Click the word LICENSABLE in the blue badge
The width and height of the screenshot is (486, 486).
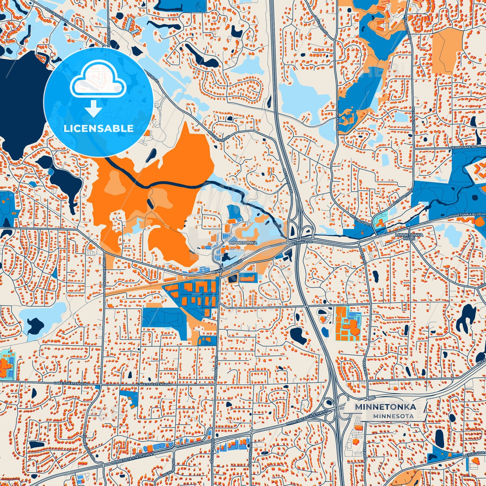(99, 128)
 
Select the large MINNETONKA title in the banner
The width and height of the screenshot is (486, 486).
(385, 407)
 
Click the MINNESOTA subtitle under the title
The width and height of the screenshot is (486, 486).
(393, 416)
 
